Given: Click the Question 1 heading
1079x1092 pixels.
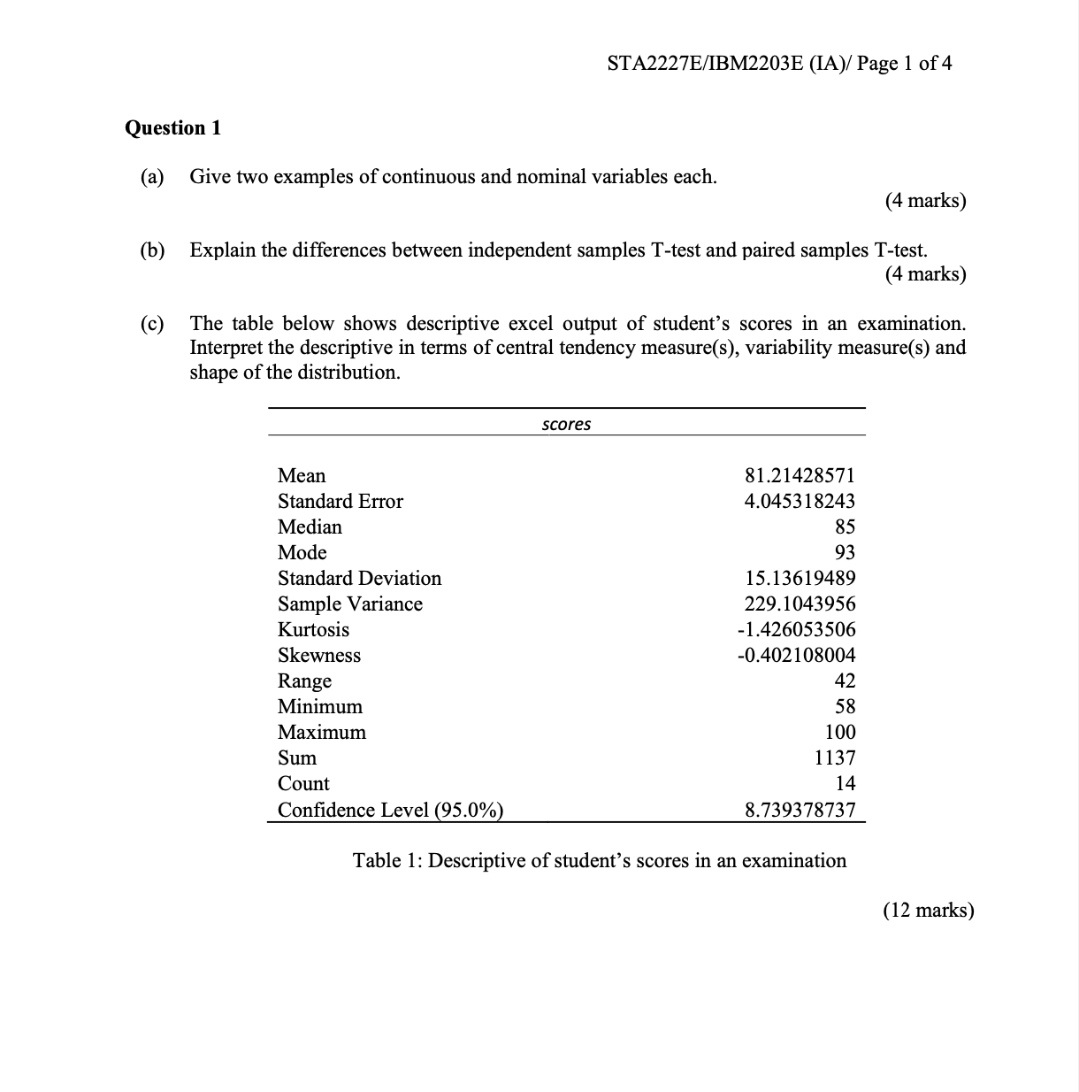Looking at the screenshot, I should (x=172, y=127).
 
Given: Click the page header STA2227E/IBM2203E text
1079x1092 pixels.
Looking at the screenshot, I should (x=780, y=63).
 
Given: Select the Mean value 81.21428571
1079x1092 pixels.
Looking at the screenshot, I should (x=800, y=475).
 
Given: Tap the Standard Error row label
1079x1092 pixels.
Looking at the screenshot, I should (x=340, y=501).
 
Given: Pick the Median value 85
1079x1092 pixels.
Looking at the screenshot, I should (x=845, y=527).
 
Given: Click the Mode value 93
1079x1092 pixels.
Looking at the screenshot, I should (x=845, y=552).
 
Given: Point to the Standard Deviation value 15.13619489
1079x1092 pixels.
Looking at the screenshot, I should (x=800, y=578).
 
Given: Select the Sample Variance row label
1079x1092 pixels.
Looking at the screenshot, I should (x=349, y=604).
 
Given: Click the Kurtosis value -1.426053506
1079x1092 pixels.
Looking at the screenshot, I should (x=796, y=629).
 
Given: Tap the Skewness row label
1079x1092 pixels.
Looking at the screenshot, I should (x=318, y=655).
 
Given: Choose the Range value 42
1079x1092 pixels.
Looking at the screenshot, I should (x=845, y=681).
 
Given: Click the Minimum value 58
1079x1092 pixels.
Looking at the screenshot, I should (x=845, y=706).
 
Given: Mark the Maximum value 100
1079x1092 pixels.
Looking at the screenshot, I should (x=840, y=732).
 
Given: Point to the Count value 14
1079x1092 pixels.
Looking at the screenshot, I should (x=845, y=783).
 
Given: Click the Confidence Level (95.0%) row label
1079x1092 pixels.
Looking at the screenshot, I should (x=390, y=810).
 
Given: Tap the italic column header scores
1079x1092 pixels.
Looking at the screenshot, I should (x=566, y=424).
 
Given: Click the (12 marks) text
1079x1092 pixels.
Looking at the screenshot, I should (x=928, y=910).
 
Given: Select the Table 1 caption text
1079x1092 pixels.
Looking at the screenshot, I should (x=600, y=860).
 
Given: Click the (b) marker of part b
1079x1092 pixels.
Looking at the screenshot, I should (x=152, y=250).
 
